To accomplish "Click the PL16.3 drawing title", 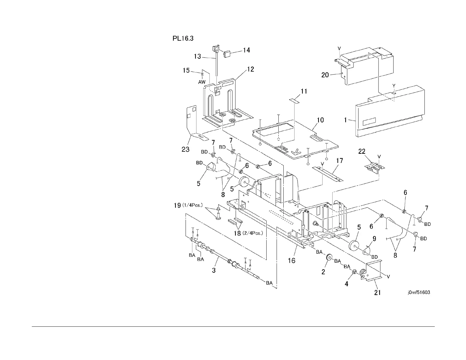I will click(x=183, y=38).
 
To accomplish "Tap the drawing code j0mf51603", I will click(x=419, y=293).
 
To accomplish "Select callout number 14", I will click(x=246, y=50).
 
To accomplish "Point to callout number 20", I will click(x=325, y=75).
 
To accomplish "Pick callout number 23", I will click(x=185, y=149).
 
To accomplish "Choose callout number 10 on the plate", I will click(x=320, y=120).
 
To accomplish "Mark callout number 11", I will click(x=304, y=91).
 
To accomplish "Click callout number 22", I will click(x=361, y=151).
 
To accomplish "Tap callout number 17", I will click(x=339, y=161).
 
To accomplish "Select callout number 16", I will click(x=292, y=261).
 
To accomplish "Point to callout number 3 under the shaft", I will click(x=214, y=270).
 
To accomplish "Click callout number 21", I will click(x=377, y=293).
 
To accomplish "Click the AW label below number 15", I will click(x=202, y=82).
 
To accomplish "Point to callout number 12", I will click(x=250, y=70).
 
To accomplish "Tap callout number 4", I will click(x=346, y=284).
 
